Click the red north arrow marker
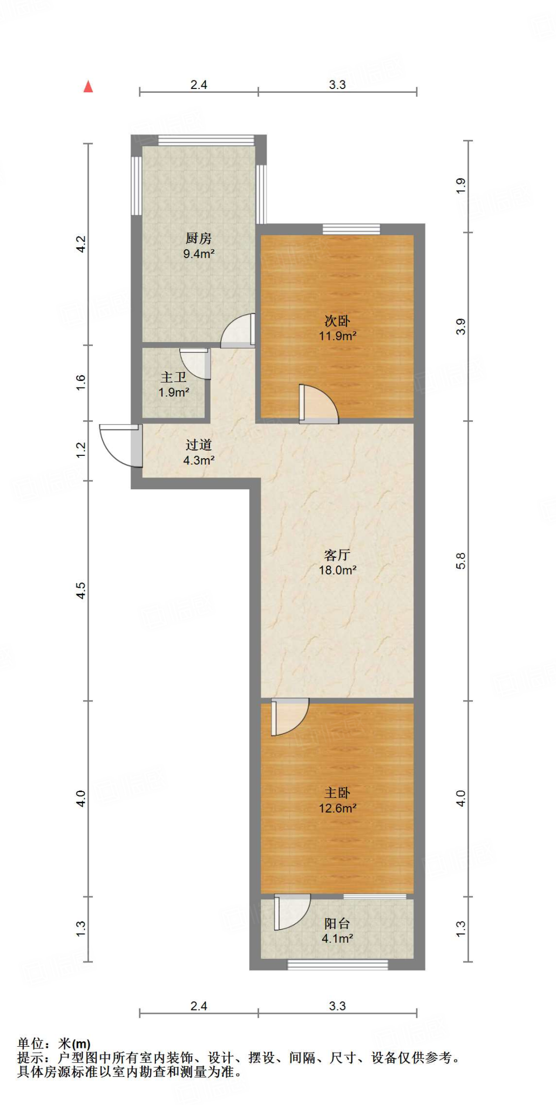pyautogui.click(x=88, y=86)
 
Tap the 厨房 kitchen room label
pyautogui.click(x=199, y=238)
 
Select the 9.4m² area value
pyautogui.click(x=199, y=254)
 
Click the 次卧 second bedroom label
pyautogui.click(x=337, y=320)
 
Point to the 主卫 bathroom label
pyautogui.click(x=173, y=378)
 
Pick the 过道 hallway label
pyautogui.click(x=199, y=445)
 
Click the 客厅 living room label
pyautogui.click(x=337, y=555)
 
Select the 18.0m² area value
pyautogui.click(x=337, y=570)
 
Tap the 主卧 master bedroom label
pyautogui.click(x=337, y=793)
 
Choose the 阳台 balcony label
pyautogui.click(x=337, y=923)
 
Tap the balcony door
pyautogui.click(x=291, y=912)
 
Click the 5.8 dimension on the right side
pyautogui.click(x=460, y=561)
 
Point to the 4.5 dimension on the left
pyautogui.click(x=80, y=590)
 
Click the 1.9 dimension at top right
pyautogui.click(x=460, y=186)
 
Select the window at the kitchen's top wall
pyautogui.click(x=206, y=140)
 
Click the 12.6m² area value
pyautogui.click(x=337, y=808)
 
